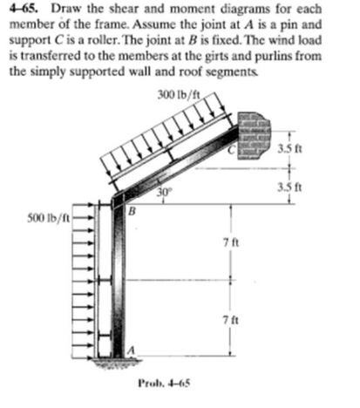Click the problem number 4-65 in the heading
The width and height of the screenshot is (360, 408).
click(24, 10)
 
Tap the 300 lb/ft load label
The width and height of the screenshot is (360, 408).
click(179, 94)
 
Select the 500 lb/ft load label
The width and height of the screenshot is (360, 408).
click(48, 218)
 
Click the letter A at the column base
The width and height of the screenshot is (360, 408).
click(132, 350)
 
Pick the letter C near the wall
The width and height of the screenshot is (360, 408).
click(231, 150)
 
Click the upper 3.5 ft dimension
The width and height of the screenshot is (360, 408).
click(289, 149)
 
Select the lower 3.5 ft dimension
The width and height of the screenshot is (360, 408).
click(289, 187)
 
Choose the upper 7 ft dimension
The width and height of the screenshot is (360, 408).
click(231, 242)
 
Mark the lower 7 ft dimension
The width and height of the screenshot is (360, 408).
click(231, 321)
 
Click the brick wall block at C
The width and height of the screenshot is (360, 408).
click(254, 136)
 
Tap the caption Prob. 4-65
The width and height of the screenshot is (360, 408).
click(164, 384)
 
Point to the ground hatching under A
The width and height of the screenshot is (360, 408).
click(117, 362)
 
